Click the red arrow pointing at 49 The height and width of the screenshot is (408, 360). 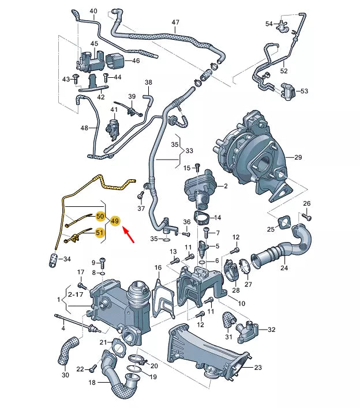click(x=129, y=235)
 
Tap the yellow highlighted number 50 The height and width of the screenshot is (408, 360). click(x=100, y=217)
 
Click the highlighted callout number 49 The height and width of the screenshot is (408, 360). click(x=115, y=221)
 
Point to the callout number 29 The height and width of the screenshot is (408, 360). click(x=298, y=157)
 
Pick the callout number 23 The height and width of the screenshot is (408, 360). click(x=258, y=368)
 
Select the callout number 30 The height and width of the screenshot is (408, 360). click(x=65, y=375)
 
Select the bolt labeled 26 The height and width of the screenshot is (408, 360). click(x=306, y=217)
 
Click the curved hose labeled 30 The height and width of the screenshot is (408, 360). click(x=67, y=352)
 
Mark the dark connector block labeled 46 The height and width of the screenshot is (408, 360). click(x=115, y=61)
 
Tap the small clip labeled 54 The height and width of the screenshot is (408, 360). click(x=283, y=24)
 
